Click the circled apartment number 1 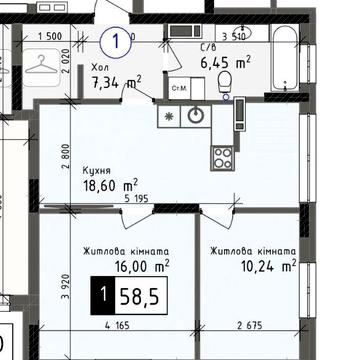[118, 42]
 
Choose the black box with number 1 [102, 295]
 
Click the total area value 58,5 [139, 295]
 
